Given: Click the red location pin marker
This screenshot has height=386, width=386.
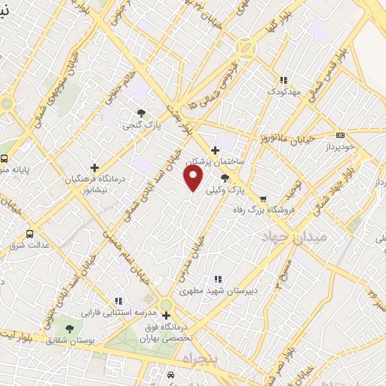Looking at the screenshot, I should [x=194, y=179].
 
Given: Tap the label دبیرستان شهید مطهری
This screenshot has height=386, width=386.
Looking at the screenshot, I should [x=219, y=290].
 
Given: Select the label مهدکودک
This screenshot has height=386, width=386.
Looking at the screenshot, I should [x=283, y=91].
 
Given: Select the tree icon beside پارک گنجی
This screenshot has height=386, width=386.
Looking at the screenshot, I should [x=142, y=113].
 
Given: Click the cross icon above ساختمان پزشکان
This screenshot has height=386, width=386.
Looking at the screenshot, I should [x=216, y=150].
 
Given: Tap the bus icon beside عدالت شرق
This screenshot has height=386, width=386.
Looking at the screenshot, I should [x=30, y=234].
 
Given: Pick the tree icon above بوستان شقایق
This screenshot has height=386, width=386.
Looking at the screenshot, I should [x=69, y=329].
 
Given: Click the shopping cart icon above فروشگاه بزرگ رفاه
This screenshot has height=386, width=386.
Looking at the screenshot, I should [x=262, y=200].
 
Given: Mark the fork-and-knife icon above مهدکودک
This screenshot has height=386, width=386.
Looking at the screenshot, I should [x=283, y=79].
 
